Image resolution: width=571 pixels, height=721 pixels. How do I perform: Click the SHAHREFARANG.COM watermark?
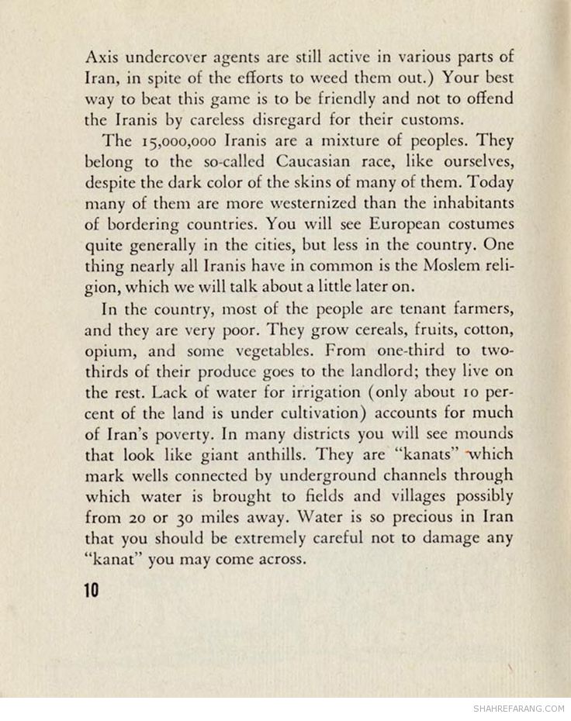point(517,707)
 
